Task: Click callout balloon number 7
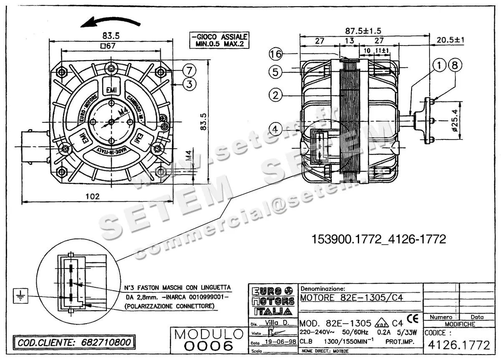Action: pos(189,69)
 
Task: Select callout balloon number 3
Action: pos(189,84)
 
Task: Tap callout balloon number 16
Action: pos(276,54)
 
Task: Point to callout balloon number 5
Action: pos(276,72)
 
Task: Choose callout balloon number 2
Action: pos(276,95)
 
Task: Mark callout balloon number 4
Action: pos(276,129)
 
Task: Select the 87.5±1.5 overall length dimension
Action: pos(364,31)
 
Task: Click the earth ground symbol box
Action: pos(19,295)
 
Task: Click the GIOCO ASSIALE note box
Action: pos(219,40)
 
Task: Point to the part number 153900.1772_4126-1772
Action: pos(379,239)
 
